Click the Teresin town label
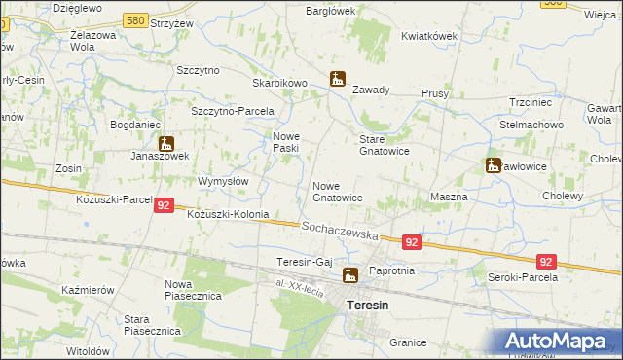coord(368,306)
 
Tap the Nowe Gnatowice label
coord(338,191)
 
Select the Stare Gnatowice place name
coord(385,144)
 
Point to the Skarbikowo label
coord(280,83)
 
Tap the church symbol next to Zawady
coord(337,79)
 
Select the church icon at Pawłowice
coord(494,165)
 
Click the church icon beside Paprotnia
coord(349,275)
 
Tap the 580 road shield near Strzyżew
coord(138,19)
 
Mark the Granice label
coord(408,342)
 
